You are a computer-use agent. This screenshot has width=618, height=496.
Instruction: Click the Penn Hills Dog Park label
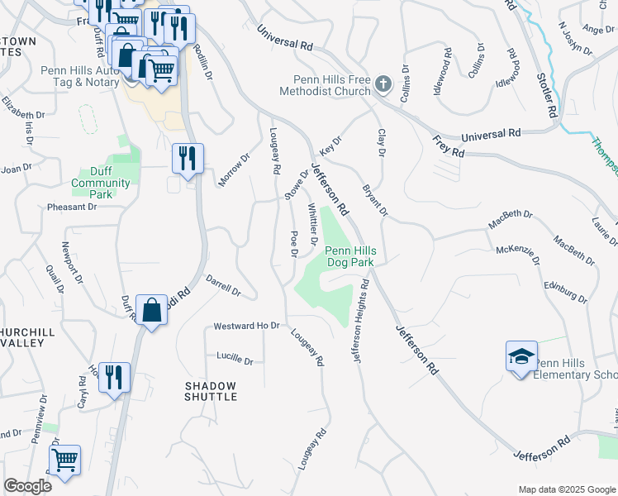(349, 256)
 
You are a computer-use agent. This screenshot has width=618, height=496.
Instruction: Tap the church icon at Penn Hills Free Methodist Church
(383, 83)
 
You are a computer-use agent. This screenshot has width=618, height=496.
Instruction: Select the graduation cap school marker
(521, 357)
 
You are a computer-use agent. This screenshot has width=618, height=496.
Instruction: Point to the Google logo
(27, 486)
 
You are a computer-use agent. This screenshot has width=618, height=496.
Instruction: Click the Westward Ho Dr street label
(247, 326)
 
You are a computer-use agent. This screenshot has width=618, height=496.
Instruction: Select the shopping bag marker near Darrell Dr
(152, 311)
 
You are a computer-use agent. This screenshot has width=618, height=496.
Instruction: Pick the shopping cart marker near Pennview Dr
(64, 460)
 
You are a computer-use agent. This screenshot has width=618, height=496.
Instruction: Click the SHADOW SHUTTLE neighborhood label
(210, 391)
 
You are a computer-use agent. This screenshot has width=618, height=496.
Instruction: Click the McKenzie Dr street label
(518, 255)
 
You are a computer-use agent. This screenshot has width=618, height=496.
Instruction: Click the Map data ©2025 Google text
(567, 489)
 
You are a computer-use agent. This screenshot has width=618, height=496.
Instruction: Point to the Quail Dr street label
(56, 279)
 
